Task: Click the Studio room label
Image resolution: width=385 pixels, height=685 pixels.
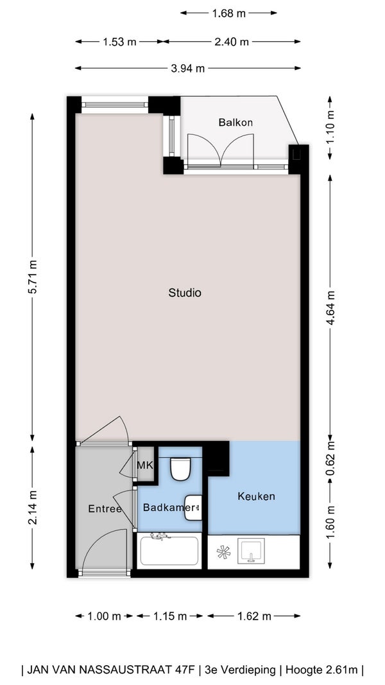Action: point(185,293)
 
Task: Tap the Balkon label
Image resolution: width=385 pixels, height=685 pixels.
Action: point(235,123)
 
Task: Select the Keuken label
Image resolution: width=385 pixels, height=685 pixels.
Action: point(256,496)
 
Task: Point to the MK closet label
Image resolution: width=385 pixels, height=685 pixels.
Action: point(145,465)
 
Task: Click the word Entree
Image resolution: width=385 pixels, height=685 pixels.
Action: point(105,508)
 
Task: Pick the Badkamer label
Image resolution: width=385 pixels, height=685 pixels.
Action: point(169,508)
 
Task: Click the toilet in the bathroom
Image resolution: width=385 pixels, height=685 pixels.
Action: point(180,468)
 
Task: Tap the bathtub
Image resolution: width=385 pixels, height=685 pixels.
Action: point(169,550)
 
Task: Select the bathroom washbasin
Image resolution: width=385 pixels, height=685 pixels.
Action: point(193,508)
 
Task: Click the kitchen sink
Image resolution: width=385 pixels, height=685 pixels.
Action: point(251,550)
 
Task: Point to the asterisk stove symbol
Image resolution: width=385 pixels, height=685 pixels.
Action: point(223,552)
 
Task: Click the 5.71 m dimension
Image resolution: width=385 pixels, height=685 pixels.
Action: point(32,277)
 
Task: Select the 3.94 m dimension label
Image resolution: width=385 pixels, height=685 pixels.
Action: point(188,68)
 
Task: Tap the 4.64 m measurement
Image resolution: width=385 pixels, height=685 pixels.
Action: point(330,308)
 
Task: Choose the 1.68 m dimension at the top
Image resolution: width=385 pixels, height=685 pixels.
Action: point(228,13)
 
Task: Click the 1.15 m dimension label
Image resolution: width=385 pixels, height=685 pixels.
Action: point(170,616)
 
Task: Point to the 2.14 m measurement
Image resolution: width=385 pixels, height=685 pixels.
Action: point(32,509)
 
